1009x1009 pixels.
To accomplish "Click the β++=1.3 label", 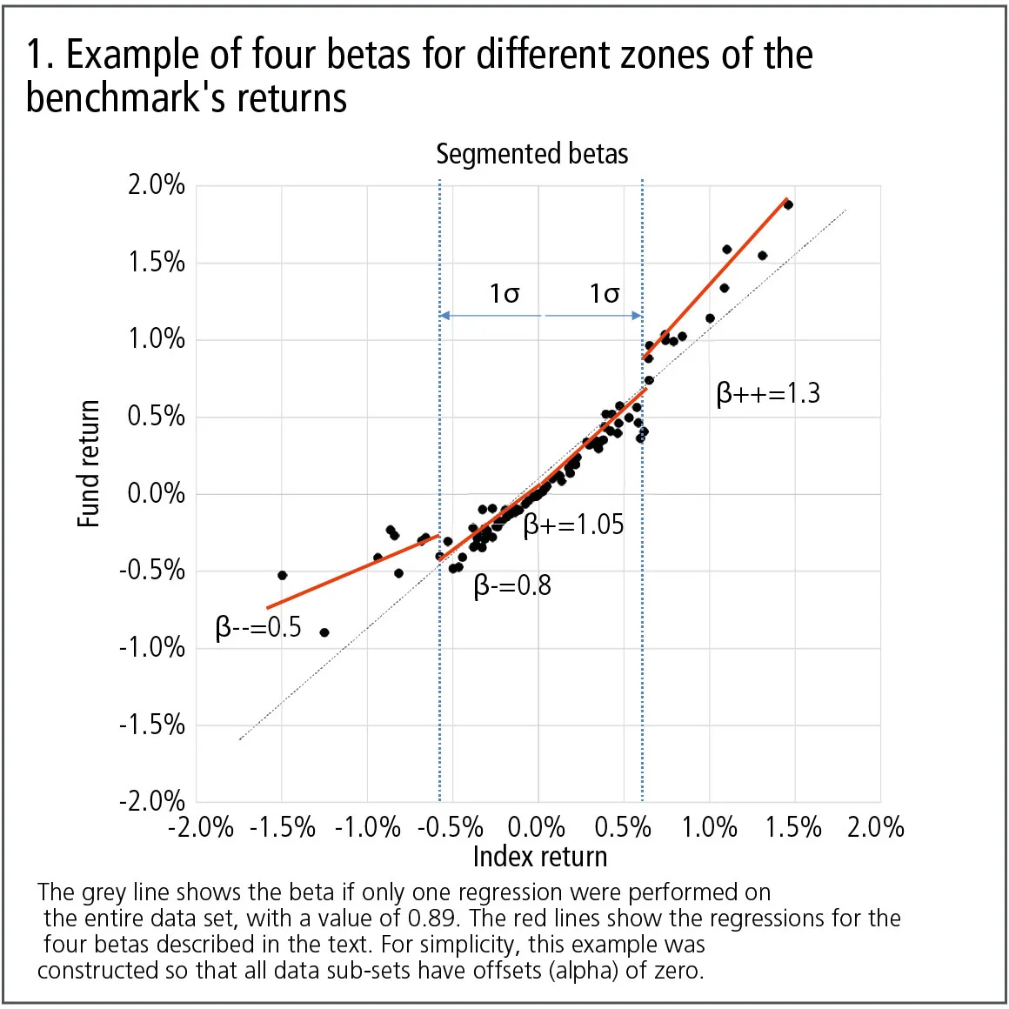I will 768,394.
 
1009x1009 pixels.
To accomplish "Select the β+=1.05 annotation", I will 574,525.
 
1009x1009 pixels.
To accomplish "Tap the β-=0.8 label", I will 512,585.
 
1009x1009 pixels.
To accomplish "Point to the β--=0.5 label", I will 258,626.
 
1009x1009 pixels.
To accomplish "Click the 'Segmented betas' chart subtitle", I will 531,154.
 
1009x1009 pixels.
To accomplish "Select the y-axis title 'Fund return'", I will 89,464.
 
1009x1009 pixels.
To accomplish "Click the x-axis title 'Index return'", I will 539,857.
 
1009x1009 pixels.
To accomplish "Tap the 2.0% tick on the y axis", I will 157,184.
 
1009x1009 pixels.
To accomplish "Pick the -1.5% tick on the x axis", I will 282,826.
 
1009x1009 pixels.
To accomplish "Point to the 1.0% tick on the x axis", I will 709,826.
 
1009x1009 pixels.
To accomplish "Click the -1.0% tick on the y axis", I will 152,647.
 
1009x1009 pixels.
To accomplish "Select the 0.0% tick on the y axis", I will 157,493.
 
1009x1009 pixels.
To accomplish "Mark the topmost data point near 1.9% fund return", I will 788,204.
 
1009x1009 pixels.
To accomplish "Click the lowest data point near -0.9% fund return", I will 324,632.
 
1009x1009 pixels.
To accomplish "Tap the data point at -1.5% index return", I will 282,575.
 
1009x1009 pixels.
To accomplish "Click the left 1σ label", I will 504,294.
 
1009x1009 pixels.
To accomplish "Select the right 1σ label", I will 605,294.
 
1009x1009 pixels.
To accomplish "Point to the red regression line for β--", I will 352,571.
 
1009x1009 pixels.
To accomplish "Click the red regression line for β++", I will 713,278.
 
